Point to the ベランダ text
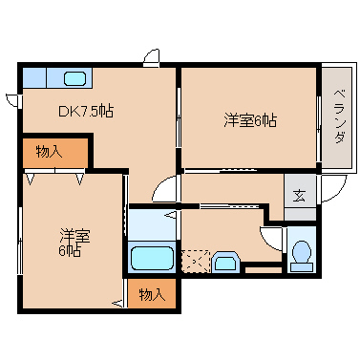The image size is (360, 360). [x=338, y=116]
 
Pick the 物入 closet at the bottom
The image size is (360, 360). [x=152, y=293]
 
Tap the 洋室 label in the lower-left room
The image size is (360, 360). [x=74, y=235]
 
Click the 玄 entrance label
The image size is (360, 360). [x=299, y=196]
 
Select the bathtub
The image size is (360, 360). [x=151, y=258]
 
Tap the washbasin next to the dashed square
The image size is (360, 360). [x=226, y=261]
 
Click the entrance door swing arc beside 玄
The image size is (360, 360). [x=329, y=189]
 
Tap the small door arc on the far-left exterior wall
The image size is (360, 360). [x=11, y=98]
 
